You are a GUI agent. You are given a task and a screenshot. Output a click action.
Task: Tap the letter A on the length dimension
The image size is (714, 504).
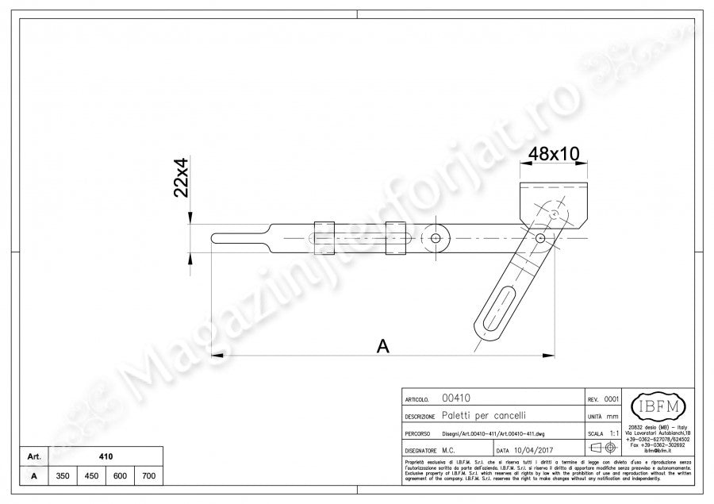382,346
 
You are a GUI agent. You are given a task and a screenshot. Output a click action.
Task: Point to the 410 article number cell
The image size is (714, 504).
106,456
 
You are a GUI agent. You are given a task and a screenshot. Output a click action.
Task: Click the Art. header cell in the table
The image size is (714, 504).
33,456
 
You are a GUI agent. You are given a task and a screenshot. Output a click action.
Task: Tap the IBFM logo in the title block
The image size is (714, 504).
652,408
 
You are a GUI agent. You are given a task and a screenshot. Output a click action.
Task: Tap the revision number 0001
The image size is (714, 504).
612,399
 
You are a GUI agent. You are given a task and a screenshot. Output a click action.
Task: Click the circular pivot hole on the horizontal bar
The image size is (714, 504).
435,238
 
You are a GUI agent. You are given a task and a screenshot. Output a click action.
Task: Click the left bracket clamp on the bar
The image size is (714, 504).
324,237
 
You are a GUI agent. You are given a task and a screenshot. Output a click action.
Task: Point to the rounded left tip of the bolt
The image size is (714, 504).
216,237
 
